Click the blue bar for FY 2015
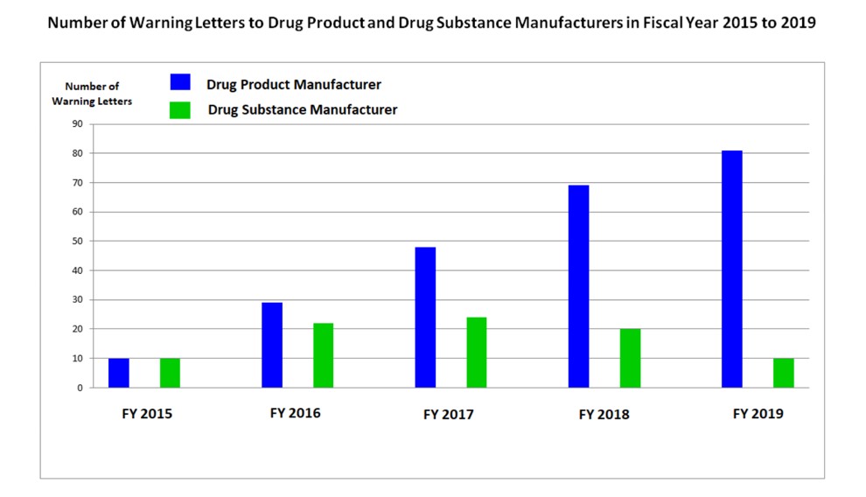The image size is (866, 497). pyautogui.click(x=118, y=373)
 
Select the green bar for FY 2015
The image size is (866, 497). pyautogui.click(x=170, y=373)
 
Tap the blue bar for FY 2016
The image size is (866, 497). pyautogui.click(x=272, y=345)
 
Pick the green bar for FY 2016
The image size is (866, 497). pyautogui.click(x=323, y=355)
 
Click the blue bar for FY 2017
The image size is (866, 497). pyautogui.click(x=425, y=317)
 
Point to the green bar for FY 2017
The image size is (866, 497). pyautogui.click(x=476, y=352)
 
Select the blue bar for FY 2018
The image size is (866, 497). pyautogui.click(x=578, y=286)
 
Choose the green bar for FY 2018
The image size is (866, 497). pyautogui.click(x=630, y=358)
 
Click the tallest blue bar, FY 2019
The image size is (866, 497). pyautogui.click(x=732, y=269)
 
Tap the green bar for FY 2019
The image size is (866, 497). pyautogui.click(x=784, y=373)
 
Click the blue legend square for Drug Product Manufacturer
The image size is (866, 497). pyautogui.click(x=180, y=82)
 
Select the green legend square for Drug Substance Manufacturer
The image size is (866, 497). pyautogui.click(x=180, y=110)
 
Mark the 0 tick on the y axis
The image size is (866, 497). pyautogui.click(x=80, y=388)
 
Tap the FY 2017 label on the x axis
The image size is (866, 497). pyautogui.click(x=448, y=414)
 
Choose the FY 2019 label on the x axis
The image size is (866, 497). pyautogui.click(x=758, y=414)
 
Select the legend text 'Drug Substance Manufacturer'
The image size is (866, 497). pyautogui.click(x=303, y=110)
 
